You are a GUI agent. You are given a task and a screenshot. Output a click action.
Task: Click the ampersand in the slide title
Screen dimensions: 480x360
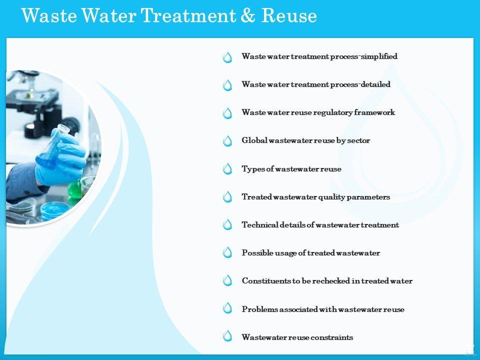click(247, 15)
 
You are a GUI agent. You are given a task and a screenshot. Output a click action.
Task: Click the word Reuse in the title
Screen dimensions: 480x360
click(289, 15)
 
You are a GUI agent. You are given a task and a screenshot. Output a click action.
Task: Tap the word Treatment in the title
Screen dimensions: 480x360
click(188, 15)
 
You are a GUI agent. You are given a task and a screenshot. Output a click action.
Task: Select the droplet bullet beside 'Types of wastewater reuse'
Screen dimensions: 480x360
click(227, 168)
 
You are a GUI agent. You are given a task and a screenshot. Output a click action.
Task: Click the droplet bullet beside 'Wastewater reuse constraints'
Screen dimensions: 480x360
click(227, 336)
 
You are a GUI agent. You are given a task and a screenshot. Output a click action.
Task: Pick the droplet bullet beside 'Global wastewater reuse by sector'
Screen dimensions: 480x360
click(227, 141)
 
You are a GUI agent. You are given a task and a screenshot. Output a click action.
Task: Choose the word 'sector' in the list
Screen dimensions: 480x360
click(358, 140)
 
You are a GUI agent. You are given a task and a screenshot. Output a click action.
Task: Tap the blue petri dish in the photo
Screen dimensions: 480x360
click(55, 210)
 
